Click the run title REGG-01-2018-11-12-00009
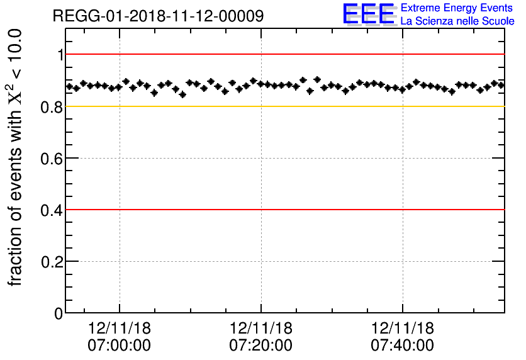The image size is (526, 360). (158, 16)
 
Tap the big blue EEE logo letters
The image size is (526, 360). (368, 14)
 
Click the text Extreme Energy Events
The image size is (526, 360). (457, 8)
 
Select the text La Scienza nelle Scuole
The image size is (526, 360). (457, 21)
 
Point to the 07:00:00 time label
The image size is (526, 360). (120, 346)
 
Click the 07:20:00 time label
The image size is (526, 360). (260, 346)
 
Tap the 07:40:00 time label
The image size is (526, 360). (402, 346)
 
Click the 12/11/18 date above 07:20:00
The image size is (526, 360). (260, 329)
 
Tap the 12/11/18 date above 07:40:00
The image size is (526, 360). (402, 329)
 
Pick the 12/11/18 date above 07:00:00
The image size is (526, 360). (120, 329)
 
